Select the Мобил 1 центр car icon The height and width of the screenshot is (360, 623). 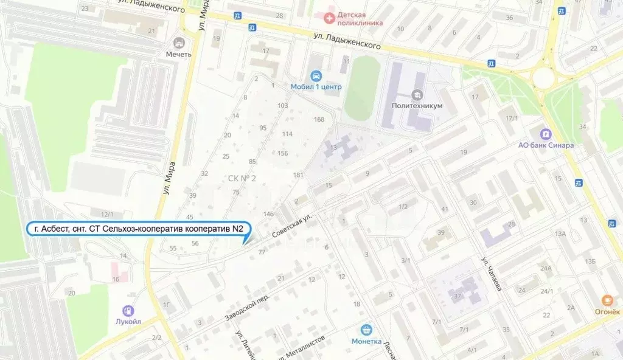click(x=316, y=75)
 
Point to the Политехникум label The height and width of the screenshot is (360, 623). click(x=417, y=105)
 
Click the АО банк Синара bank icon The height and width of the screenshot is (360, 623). click(x=546, y=134)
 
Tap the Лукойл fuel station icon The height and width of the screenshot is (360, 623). click(x=128, y=311)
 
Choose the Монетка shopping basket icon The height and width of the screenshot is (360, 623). click(x=366, y=330)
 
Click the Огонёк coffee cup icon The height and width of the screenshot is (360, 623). click(x=607, y=300)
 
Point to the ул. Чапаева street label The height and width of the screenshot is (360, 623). click(x=492, y=274)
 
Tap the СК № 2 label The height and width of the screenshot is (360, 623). click(x=242, y=178)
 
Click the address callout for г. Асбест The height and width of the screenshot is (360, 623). click(x=139, y=229)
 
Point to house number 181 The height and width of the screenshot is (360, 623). click(x=298, y=175)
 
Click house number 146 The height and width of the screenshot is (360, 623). click(x=268, y=213)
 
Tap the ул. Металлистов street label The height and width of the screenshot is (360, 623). click(x=305, y=347)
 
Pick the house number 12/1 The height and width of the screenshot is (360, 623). click(x=107, y=214)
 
